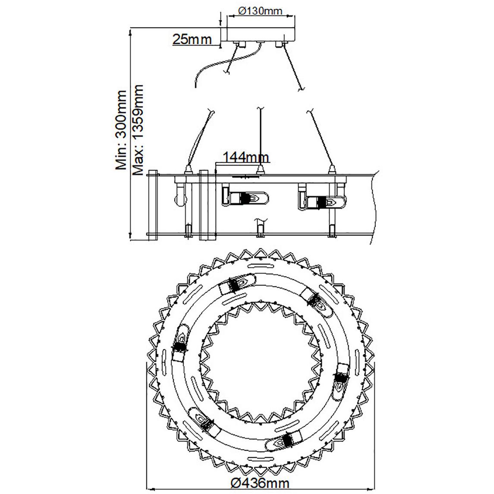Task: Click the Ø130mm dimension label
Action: [x=260, y=11]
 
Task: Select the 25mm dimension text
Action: [x=192, y=39]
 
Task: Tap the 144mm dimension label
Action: [x=246, y=157]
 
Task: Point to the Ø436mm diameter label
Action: [x=260, y=482]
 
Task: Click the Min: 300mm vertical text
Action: [x=121, y=130]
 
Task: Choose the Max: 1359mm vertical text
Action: [x=138, y=130]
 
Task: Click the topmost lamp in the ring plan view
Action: [x=237, y=284]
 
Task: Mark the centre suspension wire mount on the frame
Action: [x=260, y=170]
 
